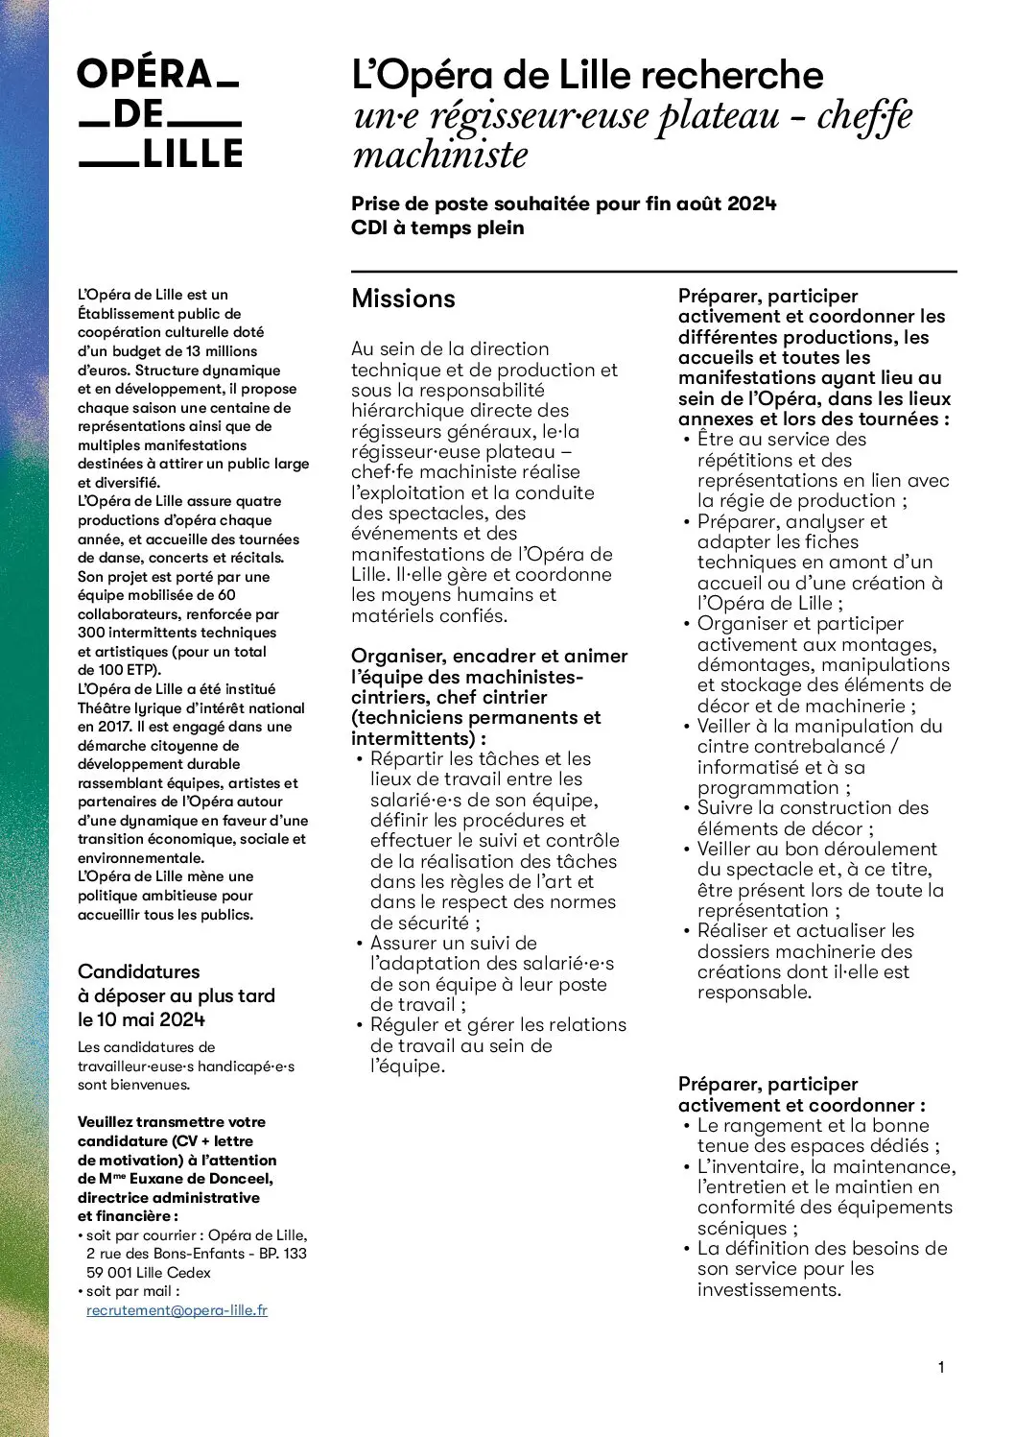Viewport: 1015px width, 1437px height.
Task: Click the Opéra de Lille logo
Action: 159,113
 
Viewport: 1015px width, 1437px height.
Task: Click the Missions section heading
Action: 403,299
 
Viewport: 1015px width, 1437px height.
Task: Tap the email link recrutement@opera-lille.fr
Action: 177,1310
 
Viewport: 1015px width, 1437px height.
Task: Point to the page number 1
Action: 941,1367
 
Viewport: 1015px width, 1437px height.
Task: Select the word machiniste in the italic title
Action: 440,155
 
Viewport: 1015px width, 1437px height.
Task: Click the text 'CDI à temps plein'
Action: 437,228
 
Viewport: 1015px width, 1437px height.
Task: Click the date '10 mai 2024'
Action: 152,1019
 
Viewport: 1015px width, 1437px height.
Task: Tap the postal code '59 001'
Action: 107,1273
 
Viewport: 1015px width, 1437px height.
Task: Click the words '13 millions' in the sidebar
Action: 222,351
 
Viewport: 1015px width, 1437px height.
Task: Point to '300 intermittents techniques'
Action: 177,633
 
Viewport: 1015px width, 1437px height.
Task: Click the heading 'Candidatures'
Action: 139,971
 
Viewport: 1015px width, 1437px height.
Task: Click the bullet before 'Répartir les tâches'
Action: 360,759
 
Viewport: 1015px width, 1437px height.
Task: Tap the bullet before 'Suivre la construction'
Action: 687,808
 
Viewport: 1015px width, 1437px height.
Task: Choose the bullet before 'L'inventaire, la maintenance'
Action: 687,1167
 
